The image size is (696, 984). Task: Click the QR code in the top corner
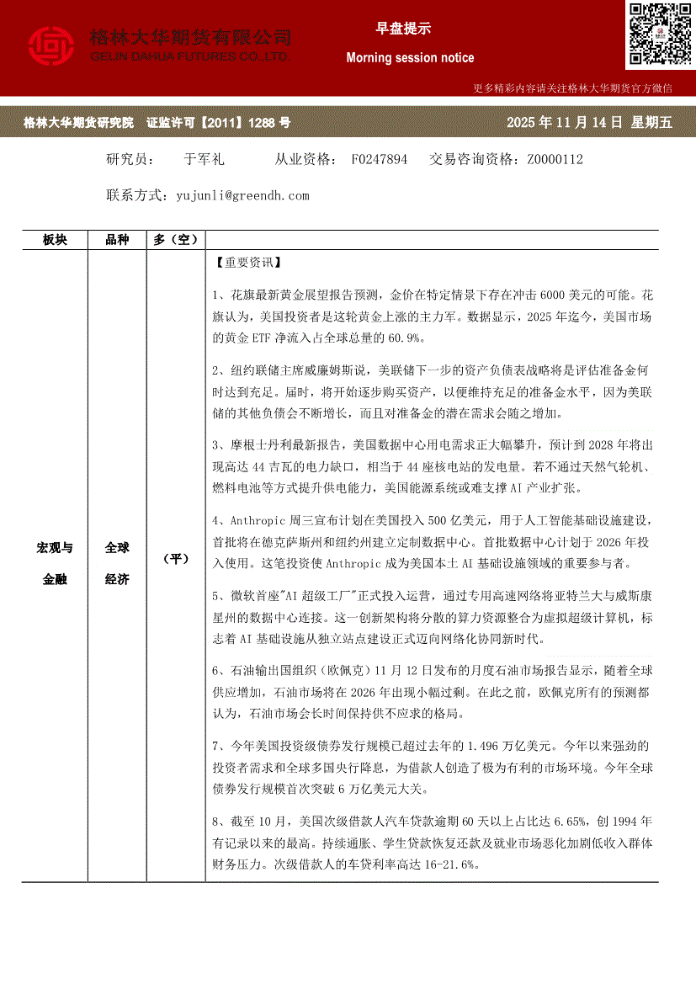click(x=659, y=35)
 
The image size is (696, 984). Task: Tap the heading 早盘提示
click(x=403, y=29)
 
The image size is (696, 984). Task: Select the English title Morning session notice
click(x=410, y=58)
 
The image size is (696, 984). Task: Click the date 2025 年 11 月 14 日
click(x=564, y=123)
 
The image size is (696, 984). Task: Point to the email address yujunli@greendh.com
click(x=243, y=195)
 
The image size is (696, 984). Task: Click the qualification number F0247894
click(x=380, y=159)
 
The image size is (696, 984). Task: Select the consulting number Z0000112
click(x=555, y=159)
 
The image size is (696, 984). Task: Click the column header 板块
click(x=55, y=240)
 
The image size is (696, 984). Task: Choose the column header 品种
click(x=117, y=240)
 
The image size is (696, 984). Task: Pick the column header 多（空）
click(x=175, y=240)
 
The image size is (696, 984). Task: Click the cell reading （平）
click(x=175, y=559)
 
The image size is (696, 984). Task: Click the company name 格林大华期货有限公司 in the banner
click(x=190, y=38)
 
